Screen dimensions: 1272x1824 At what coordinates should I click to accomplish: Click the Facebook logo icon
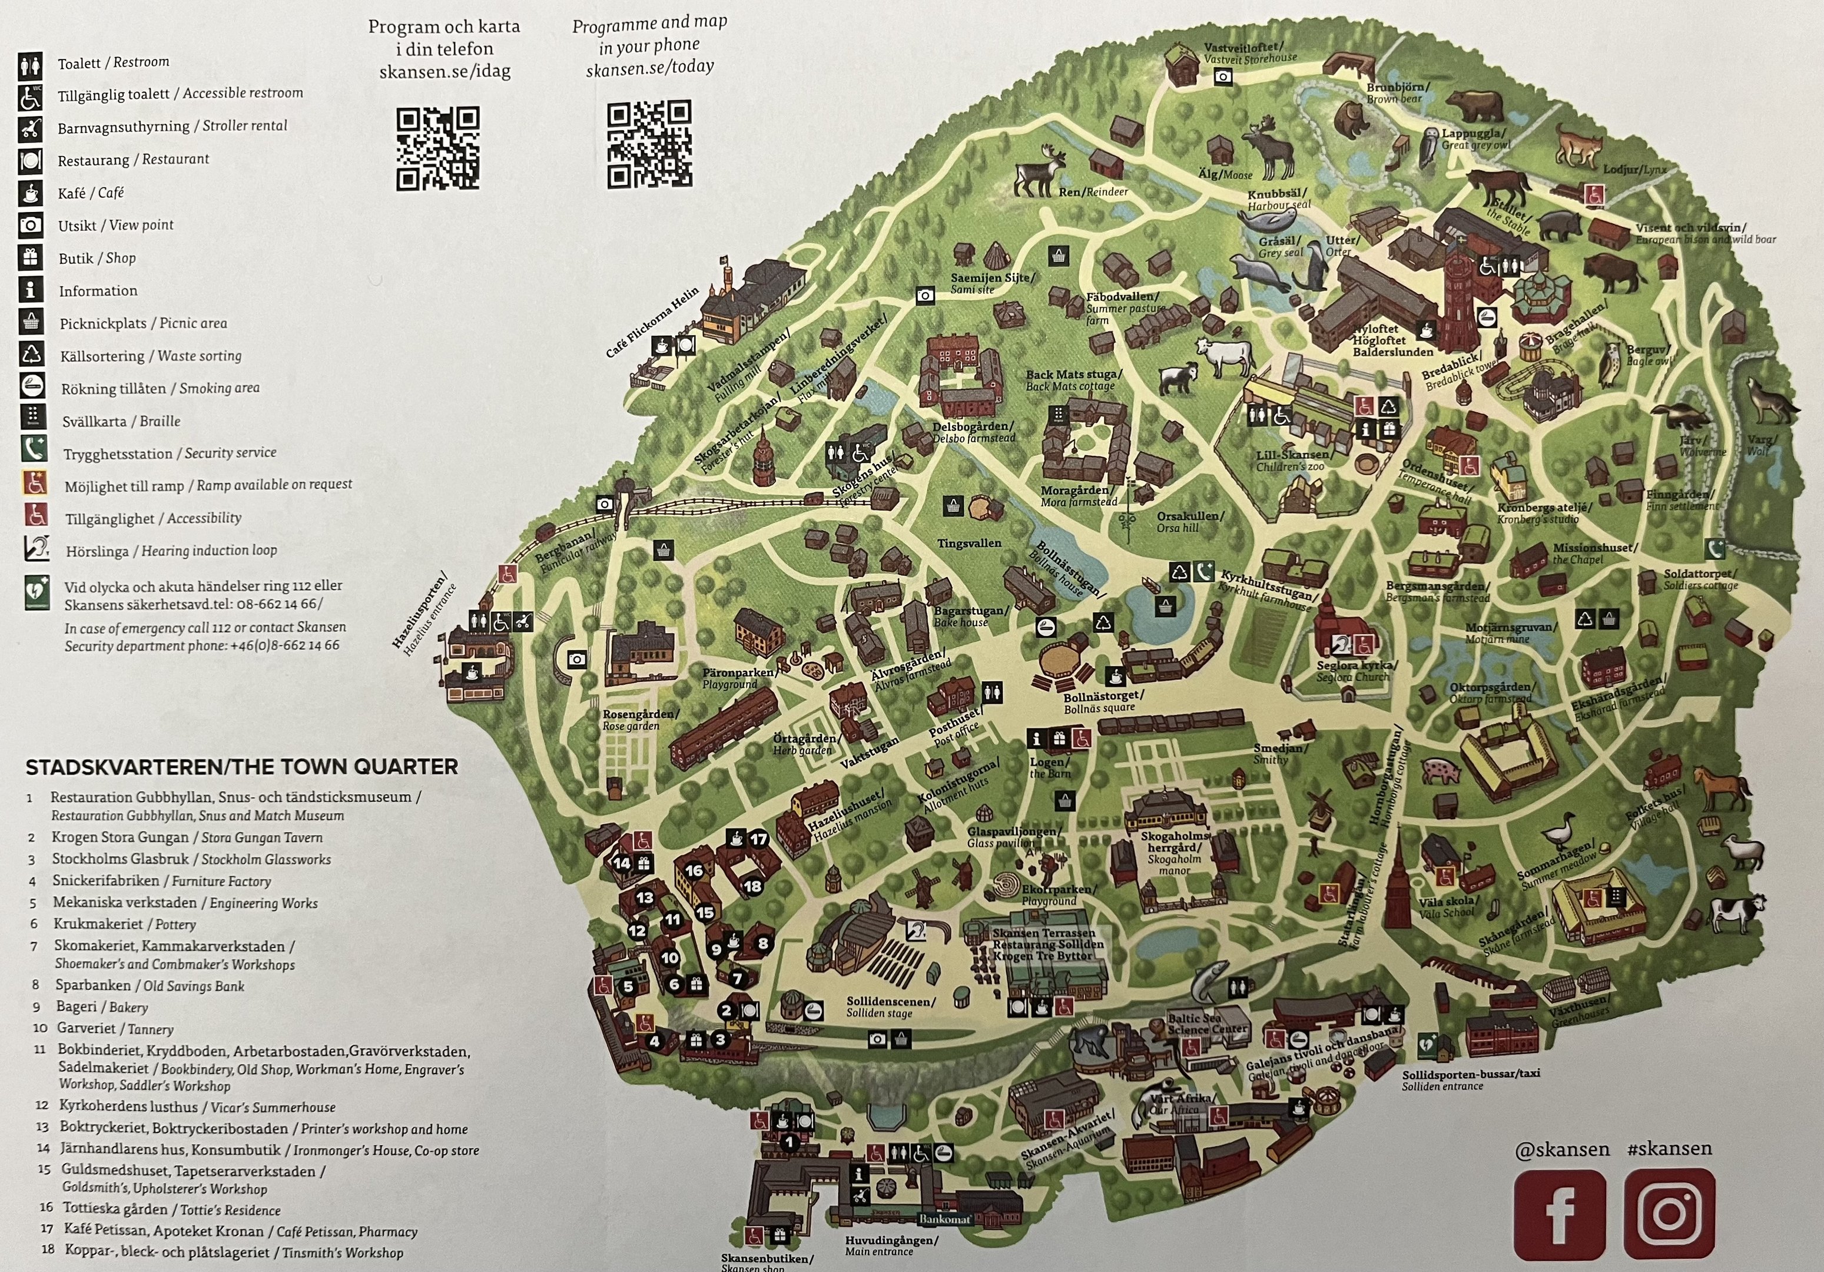point(1560,1213)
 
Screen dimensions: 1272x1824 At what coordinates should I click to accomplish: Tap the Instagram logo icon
point(1669,1213)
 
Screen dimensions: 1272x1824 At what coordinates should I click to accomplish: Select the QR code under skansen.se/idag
point(437,148)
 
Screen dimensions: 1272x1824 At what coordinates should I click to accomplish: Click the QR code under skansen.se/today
point(649,144)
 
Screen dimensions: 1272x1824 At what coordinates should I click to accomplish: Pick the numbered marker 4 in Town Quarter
point(655,1041)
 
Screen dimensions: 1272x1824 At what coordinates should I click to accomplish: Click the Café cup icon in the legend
point(30,193)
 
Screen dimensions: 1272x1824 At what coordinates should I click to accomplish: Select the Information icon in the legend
point(30,290)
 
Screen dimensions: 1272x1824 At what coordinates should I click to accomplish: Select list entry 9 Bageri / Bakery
point(102,1006)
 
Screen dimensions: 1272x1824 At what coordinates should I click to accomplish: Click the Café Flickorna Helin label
point(653,321)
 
